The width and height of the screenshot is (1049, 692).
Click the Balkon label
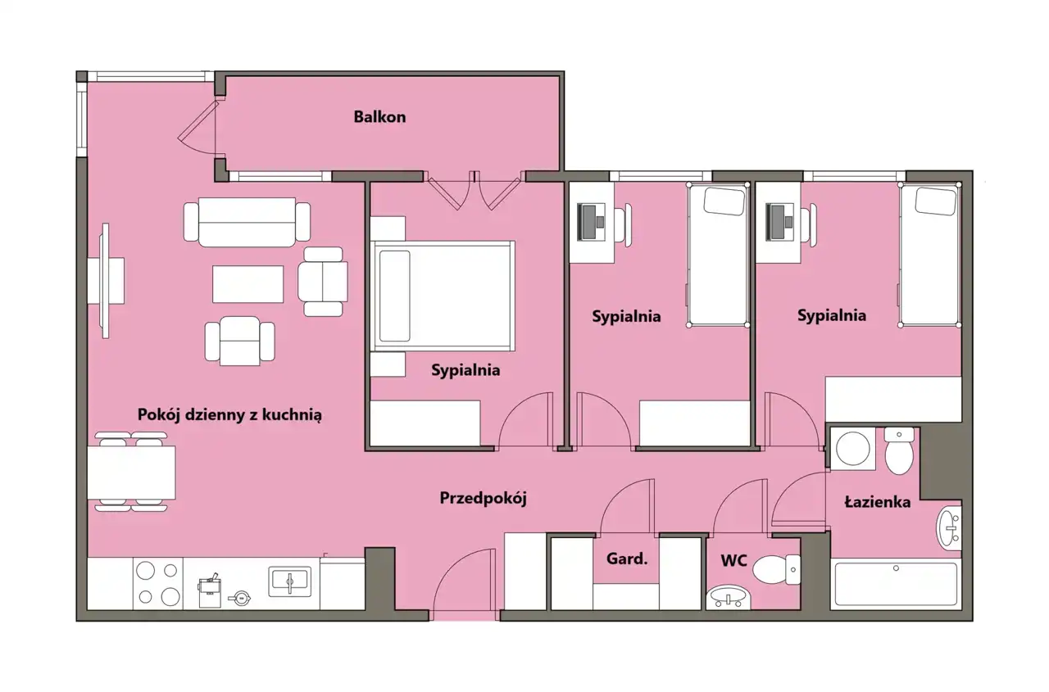pyautogui.click(x=379, y=117)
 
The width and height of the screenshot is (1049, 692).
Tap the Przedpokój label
pyautogui.click(x=483, y=498)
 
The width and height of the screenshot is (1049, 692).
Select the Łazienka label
pyautogui.click(x=877, y=502)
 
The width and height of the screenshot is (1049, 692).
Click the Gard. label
pyautogui.click(x=627, y=559)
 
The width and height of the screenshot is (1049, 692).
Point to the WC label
pyautogui.click(x=733, y=560)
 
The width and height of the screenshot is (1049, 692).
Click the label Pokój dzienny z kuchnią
pyautogui.click(x=229, y=415)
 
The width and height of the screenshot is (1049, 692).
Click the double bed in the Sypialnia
pyautogui.click(x=443, y=296)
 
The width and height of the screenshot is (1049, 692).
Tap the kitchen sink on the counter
pyautogui.click(x=290, y=581)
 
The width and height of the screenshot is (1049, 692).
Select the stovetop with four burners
pyautogui.click(x=158, y=583)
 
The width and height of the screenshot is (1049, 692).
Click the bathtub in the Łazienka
pyautogui.click(x=896, y=584)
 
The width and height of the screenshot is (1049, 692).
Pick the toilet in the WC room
pyautogui.click(x=776, y=569)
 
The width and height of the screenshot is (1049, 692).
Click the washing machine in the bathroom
pyautogui.click(x=853, y=448)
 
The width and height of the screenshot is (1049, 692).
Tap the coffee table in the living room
pyautogui.click(x=247, y=284)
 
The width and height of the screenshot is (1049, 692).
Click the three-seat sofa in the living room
pyautogui.click(x=247, y=222)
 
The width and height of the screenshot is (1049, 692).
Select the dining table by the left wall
pyautogui.click(x=131, y=473)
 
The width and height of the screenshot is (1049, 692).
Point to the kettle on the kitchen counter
pyautogui.click(x=240, y=598)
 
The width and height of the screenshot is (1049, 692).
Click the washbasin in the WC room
pyautogui.click(x=729, y=597)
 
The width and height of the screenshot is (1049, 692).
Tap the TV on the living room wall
pyautogui.click(x=106, y=281)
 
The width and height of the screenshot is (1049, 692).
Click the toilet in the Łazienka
pyautogui.click(x=899, y=450)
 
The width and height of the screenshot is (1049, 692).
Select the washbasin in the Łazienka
pyautogui.click(x=949, y=529)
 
